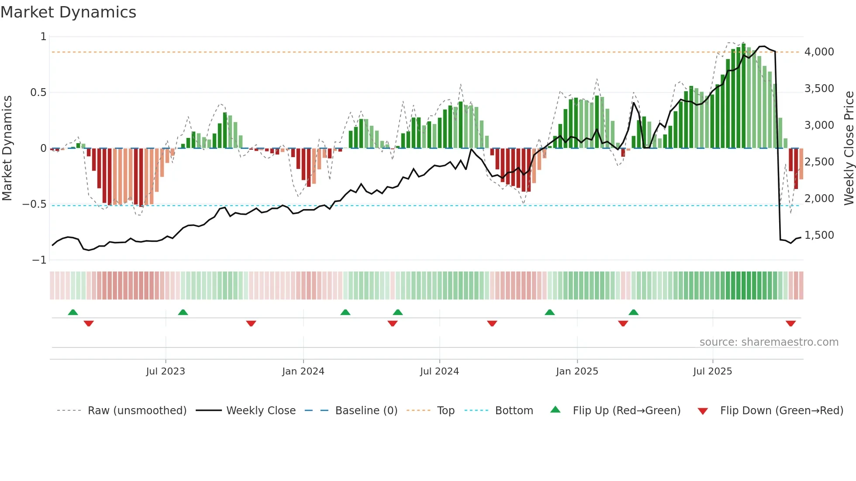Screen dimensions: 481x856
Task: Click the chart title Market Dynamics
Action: pos(69,12)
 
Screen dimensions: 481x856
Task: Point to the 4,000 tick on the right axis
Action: pos(819,52)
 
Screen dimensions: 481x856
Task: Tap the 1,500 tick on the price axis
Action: pos(819,235)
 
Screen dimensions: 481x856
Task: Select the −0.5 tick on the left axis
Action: pos(34,204)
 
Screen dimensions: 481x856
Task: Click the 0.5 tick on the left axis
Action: pos(38,93)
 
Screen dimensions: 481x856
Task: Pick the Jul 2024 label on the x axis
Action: pos(439,371)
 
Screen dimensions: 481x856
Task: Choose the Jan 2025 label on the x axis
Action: pos(577,371)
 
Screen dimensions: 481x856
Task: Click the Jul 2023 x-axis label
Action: pos(166,371)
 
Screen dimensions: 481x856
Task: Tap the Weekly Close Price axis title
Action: pos(849,148)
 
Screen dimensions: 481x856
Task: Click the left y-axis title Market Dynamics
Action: pos(7,148)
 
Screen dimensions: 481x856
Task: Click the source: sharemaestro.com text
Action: pos(769,342)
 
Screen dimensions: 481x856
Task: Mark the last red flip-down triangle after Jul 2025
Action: pos(790,323)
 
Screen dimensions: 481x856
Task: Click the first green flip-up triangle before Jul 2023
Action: pos(73,313)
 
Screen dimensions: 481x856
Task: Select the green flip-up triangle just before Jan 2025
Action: pos(550,313)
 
